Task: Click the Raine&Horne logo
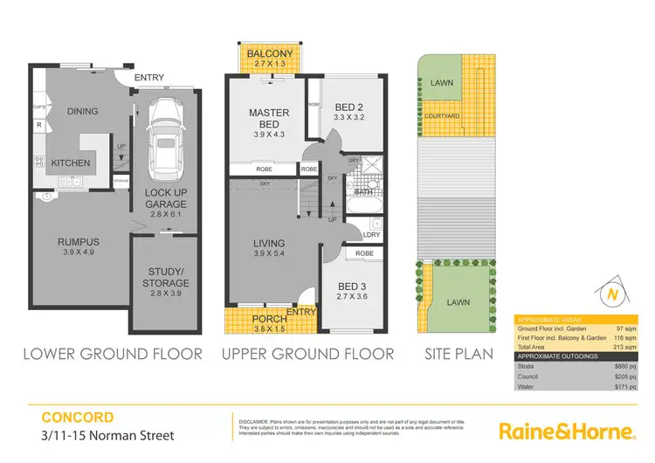click(x=565, y=432)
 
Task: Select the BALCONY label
click(x=268, y=54)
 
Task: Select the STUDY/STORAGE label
click(x=166, y=277)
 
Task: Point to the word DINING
click(x=81, y=112)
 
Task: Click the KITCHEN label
click(x=71, y=163)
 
